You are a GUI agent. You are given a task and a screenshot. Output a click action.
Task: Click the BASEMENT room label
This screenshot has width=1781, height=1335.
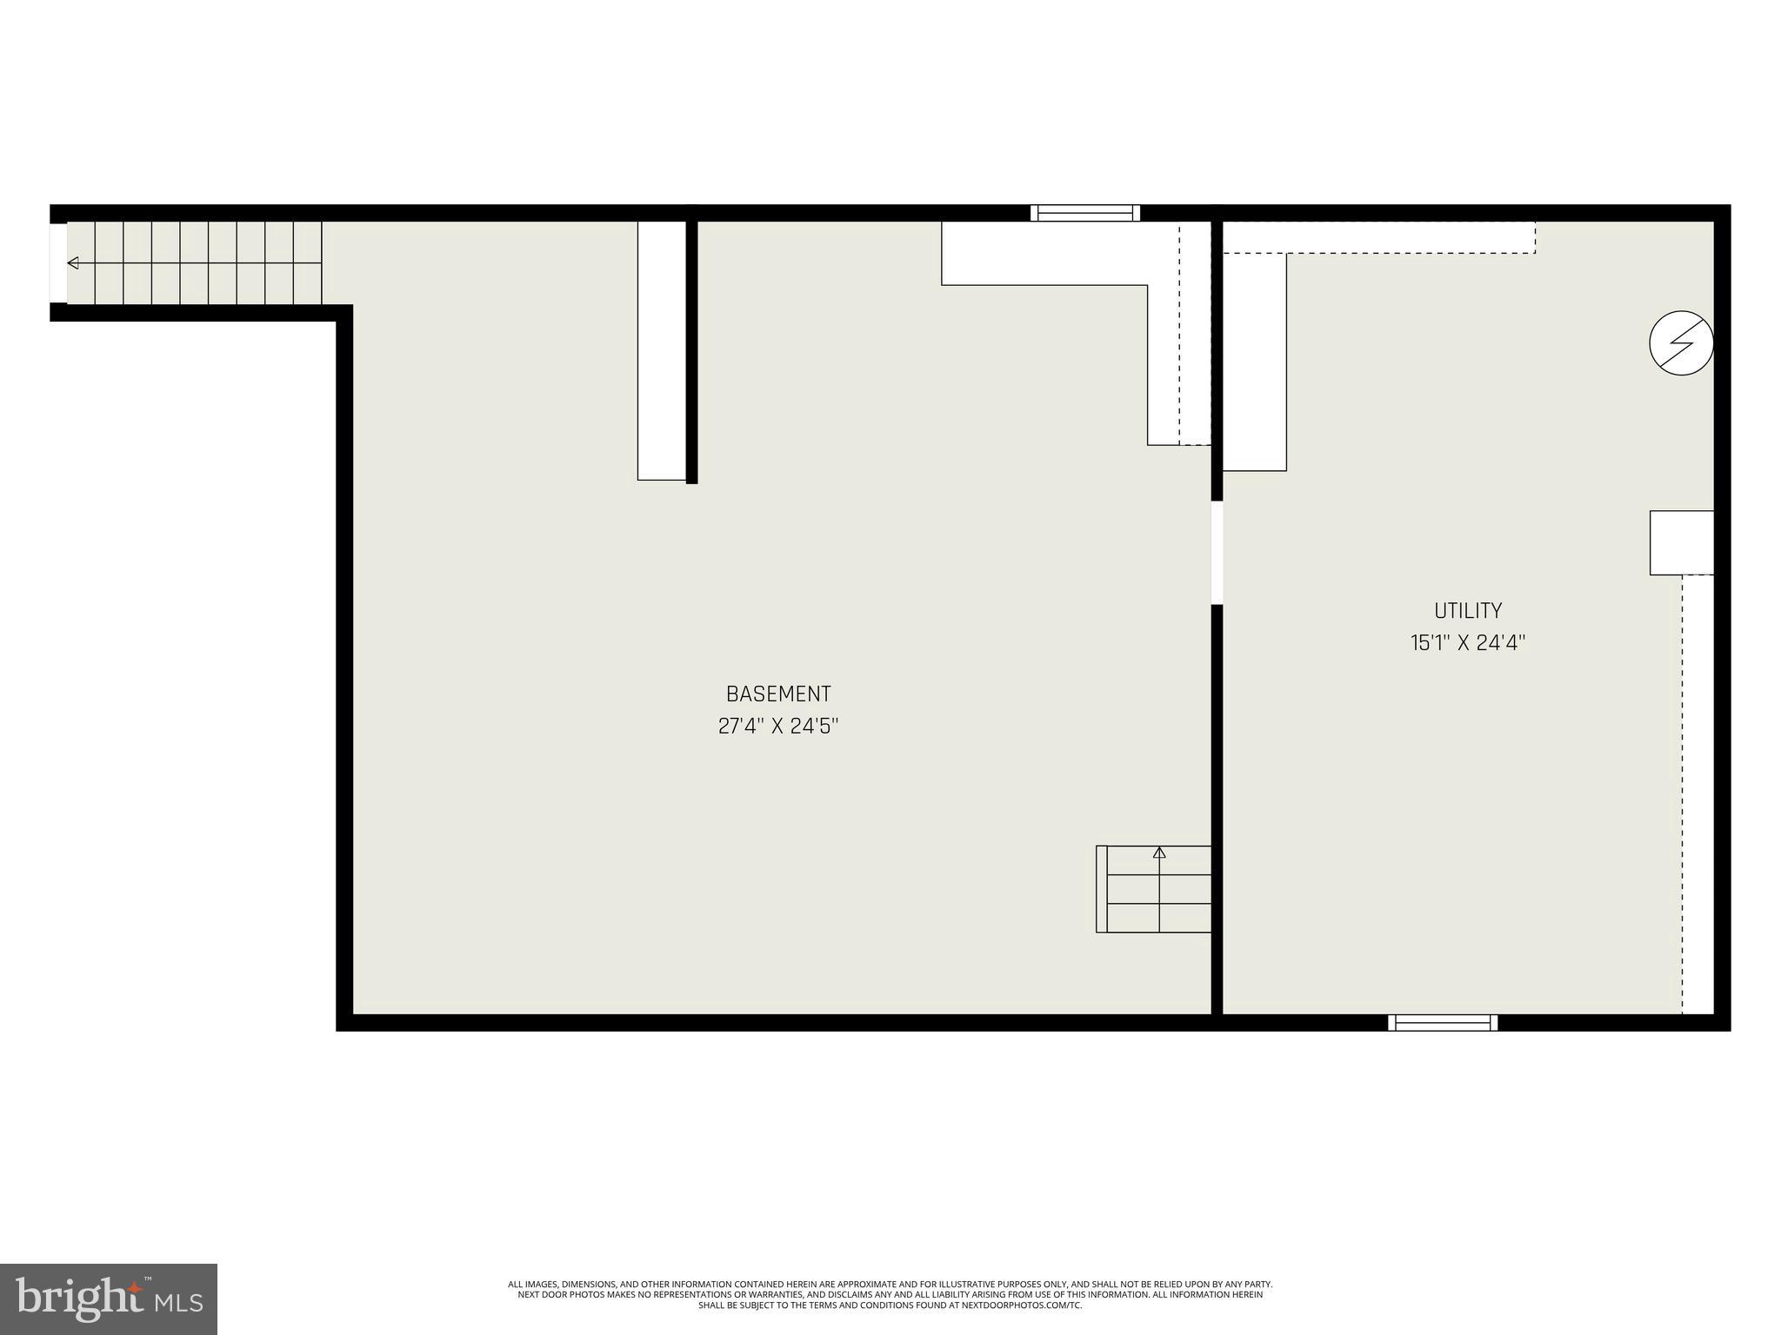click(778, 694)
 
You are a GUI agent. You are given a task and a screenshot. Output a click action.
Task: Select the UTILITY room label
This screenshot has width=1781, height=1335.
click(1468, 610)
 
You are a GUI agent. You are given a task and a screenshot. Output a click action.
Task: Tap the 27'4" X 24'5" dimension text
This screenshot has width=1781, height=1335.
click(778, 726)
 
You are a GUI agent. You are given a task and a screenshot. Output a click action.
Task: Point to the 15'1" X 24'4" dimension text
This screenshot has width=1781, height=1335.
click(1468, 643)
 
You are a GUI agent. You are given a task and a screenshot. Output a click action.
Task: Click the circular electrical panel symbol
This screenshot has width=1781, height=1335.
click(1681, 342)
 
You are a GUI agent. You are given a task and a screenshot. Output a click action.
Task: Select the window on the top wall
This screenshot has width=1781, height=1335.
click(1084, 213)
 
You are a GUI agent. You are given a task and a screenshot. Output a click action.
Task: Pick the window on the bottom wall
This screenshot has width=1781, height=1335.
click(1443, 1022)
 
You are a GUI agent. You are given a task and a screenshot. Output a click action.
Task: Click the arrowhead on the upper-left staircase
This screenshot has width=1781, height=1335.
click(73, 262)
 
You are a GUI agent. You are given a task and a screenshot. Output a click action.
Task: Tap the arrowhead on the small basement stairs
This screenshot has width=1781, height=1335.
click(1158, 853)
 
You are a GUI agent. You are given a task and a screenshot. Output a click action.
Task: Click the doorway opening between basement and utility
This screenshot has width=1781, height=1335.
click(1217, 552)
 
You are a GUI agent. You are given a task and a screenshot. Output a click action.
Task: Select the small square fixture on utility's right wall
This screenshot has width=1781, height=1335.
click(1681, 542)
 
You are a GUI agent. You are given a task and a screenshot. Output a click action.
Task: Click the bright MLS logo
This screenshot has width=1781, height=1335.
click(108, 1298)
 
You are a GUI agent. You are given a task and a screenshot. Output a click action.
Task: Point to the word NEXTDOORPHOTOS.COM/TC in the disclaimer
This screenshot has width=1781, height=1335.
click(1026, 1330)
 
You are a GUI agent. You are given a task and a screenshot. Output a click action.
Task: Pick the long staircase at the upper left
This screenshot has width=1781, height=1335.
click(194, 262)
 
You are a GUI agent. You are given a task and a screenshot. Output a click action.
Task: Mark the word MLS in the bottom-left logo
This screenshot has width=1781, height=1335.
click(180, 1302)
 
